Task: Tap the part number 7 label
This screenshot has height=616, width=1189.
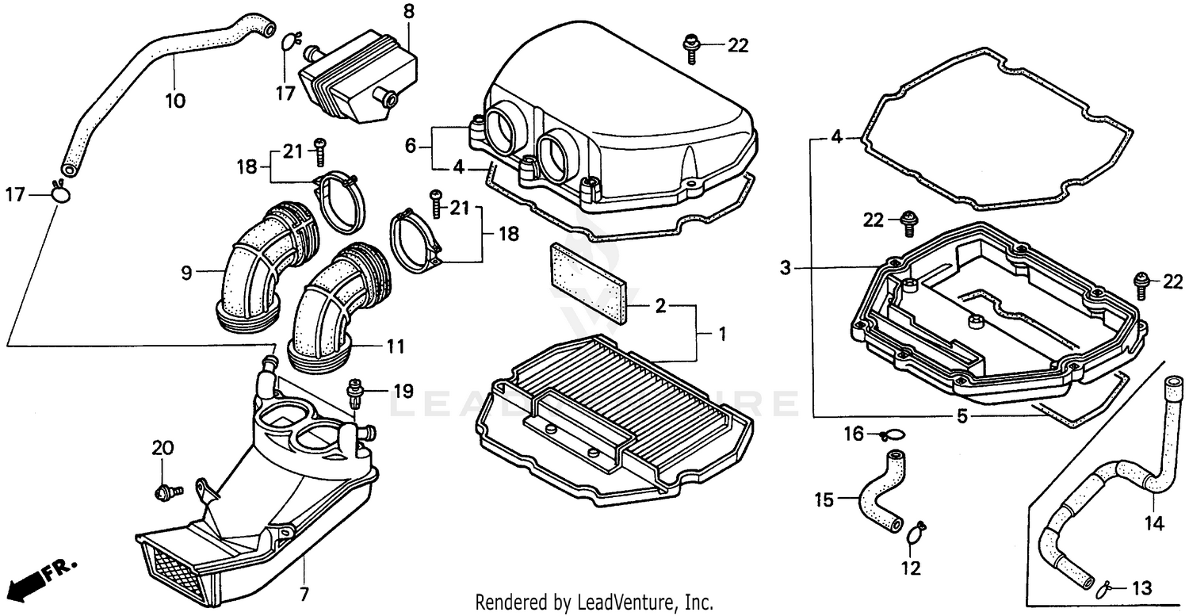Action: point(304,594)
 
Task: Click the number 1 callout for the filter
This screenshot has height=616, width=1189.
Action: point(721,335)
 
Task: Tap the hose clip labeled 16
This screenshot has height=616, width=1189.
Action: point(893,434)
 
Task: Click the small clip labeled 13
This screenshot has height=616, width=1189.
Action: point(1103,589)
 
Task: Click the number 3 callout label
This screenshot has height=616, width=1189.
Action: point(785,269)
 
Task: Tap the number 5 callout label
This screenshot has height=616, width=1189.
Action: point(961,415)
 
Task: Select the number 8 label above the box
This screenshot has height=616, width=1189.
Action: point(408,12)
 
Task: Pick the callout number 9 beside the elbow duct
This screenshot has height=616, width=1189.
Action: point(187,273)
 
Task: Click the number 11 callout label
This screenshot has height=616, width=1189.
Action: point(396,346)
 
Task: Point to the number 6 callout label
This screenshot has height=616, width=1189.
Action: point(411,146)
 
